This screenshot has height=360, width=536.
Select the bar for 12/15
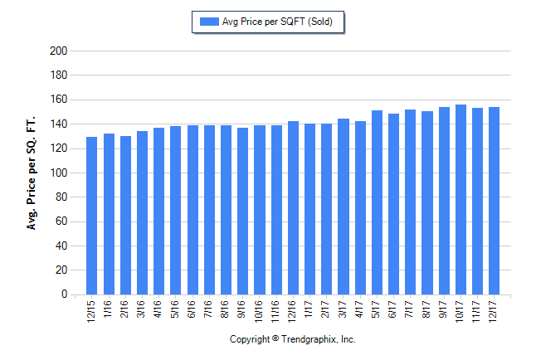click(x=92, y=216)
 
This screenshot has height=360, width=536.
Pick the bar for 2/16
click(x=125, y=216)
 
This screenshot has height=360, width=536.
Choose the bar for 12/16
click(x=293, y=208)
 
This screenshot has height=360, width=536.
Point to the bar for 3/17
click(x=344, y=207)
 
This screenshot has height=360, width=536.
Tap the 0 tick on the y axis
click(x=63, y=294)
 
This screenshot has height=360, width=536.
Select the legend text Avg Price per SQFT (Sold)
click(x=277, y=22)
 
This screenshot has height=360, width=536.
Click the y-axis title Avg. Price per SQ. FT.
click(x=32, y=173)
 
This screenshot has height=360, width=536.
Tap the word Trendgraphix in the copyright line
click(x=309, y=340)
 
